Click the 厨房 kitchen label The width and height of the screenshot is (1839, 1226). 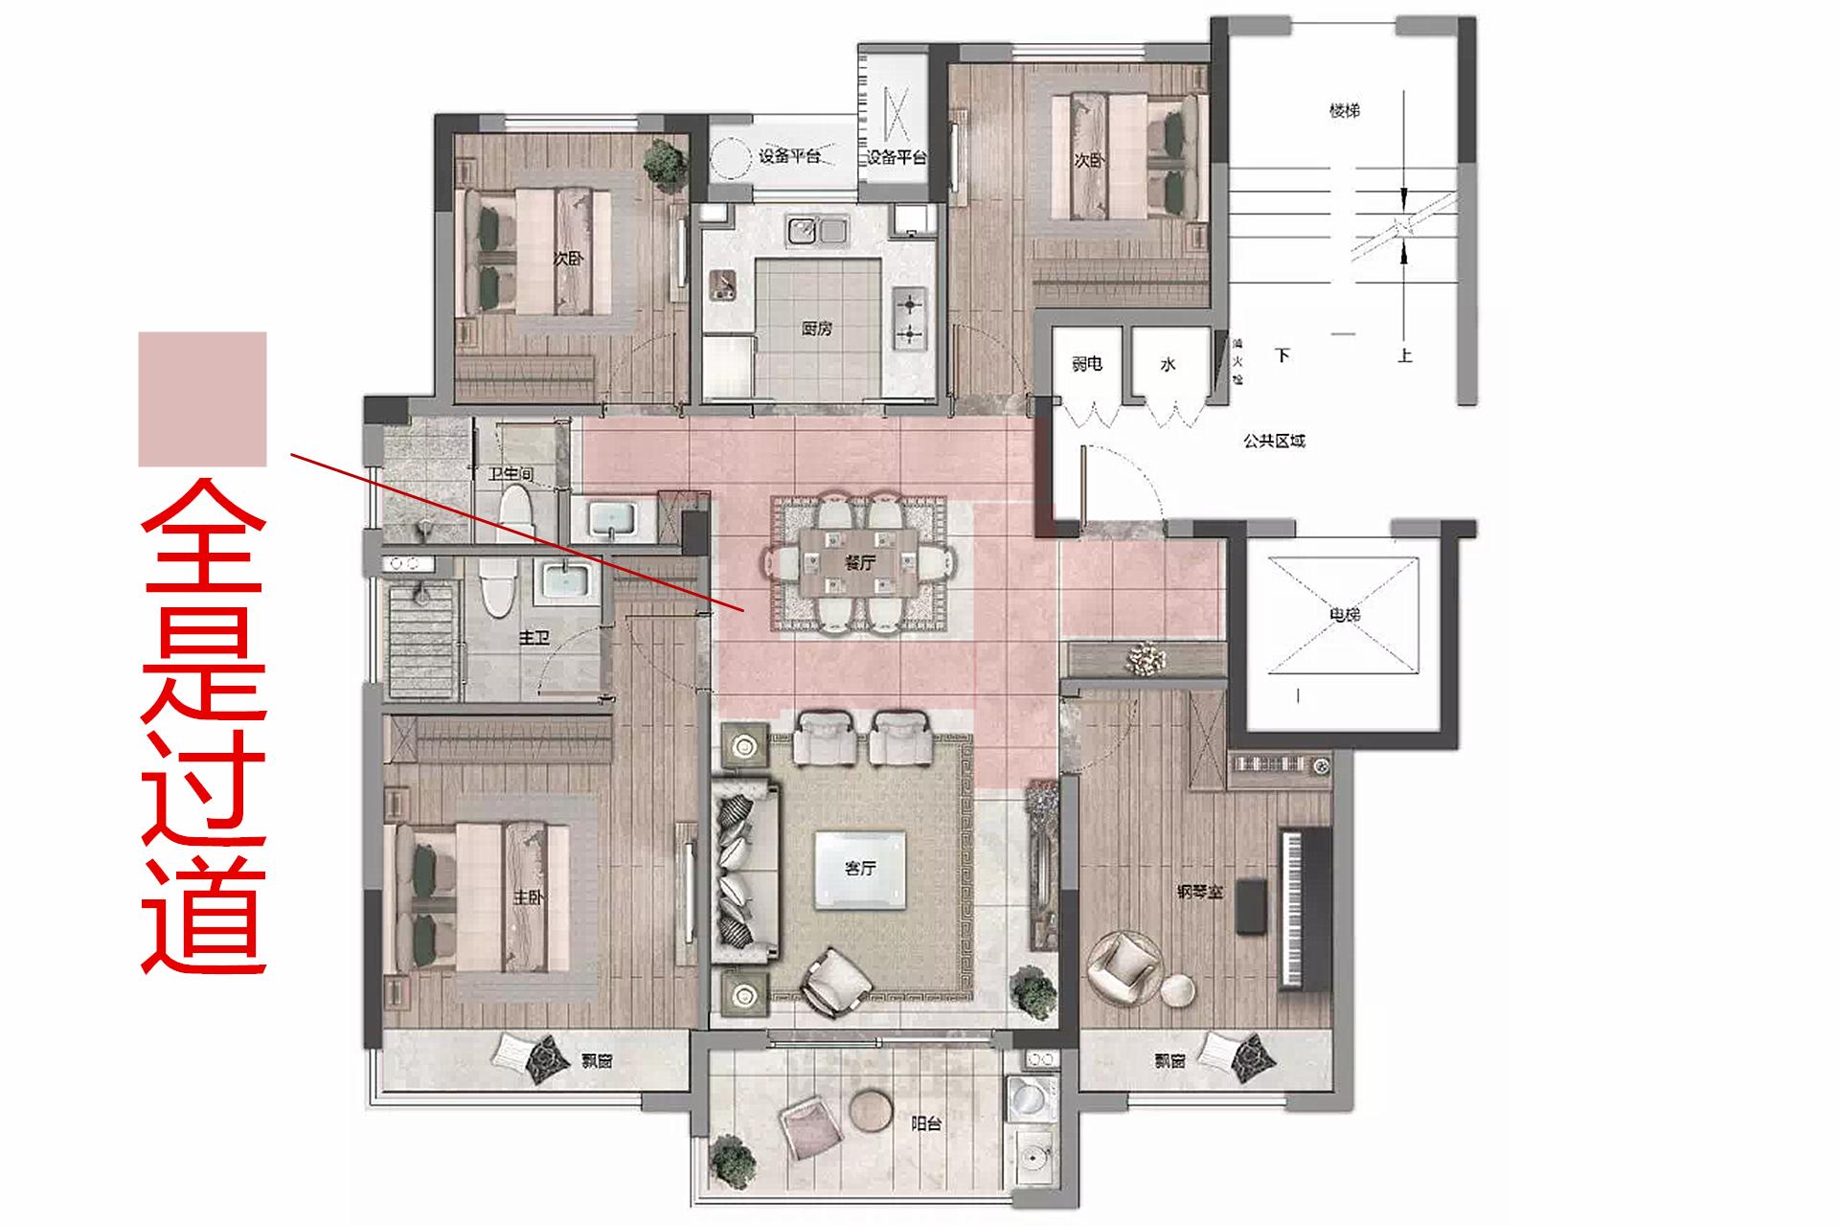point(816,329)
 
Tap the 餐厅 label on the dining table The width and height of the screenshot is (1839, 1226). point(859,563)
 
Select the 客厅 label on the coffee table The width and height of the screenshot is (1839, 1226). point(859,869)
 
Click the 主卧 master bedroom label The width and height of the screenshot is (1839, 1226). point(528,897)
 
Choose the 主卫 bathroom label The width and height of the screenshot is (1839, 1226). point(534,637)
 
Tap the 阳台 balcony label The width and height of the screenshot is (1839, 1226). point(925,1124)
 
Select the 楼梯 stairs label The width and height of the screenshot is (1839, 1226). point(1344,111)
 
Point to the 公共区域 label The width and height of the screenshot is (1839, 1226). point(1274,442)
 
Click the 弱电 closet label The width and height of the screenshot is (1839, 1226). point(1086,364)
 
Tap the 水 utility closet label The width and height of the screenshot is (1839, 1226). point(1168,365)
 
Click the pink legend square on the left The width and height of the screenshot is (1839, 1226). point(202,398)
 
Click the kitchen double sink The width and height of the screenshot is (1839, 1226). point(817,230)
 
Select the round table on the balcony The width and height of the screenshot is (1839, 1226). point(871,1111)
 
